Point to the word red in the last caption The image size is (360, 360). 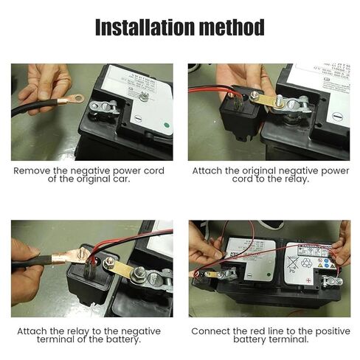tap(255, 331)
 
